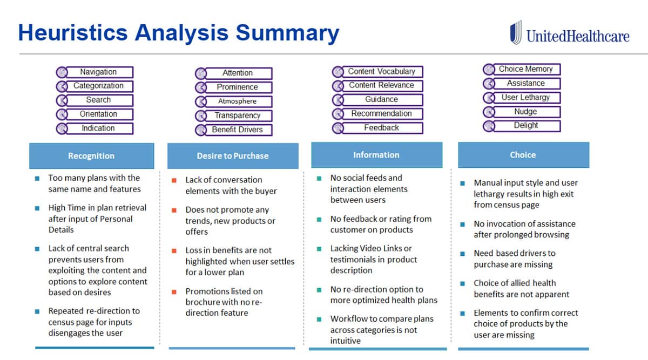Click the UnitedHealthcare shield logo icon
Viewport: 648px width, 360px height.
pos(516,32)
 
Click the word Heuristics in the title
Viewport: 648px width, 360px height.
pos(73,32)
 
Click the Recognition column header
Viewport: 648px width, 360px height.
pos(92,156)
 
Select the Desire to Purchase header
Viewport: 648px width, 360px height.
pos(233,156)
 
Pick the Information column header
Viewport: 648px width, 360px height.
pos(377,155)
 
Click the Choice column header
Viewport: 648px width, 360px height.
pos(523,155)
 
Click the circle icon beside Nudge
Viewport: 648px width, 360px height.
pos(489,112)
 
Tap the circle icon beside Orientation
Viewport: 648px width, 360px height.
pos(62,114)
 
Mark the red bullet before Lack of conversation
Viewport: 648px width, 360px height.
pos(174,180)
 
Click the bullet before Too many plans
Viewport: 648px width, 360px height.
pos(37,179)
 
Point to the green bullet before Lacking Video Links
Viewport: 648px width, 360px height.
pos(319,249)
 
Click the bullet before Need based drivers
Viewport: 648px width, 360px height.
pos(463,254)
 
